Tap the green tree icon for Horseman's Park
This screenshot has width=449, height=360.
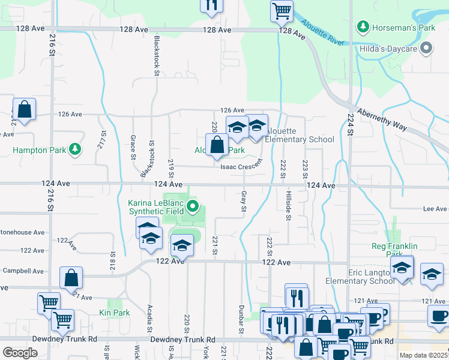(363, 27)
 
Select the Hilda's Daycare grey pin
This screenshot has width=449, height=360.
(426, 47)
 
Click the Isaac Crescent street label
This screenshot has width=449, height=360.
(242, 167)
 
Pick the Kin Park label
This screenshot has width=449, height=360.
(114, 313)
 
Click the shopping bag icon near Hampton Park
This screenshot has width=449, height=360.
(24, 110)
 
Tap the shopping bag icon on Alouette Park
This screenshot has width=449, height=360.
(217, 145)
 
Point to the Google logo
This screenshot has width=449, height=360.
(20, 353)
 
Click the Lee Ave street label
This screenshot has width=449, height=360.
(436, 209)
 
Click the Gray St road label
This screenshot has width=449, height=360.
(244, 202)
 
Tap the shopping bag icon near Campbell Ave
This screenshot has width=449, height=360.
(71, 278)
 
